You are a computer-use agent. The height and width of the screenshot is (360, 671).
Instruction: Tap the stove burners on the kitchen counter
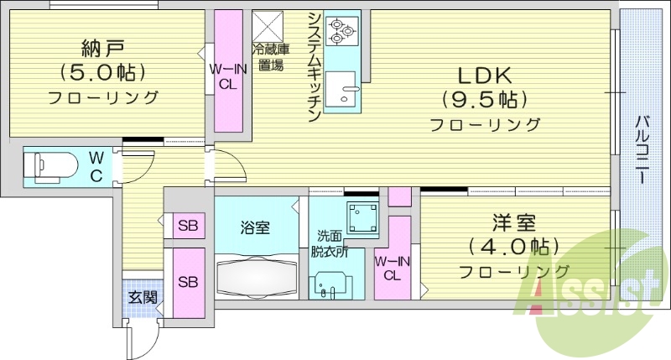coord(342,30)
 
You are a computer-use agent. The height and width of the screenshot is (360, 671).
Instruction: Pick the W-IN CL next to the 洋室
coord(391,268)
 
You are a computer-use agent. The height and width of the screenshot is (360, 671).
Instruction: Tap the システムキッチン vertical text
coord(312,67)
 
